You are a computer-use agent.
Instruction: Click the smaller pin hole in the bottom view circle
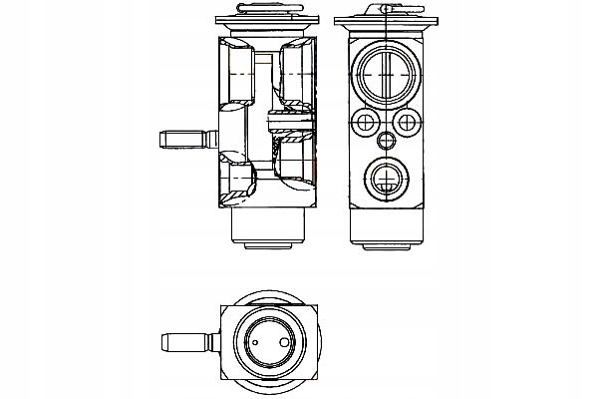(x=257, y=344)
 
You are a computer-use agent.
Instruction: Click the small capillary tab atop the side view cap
(x=384, y=9)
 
